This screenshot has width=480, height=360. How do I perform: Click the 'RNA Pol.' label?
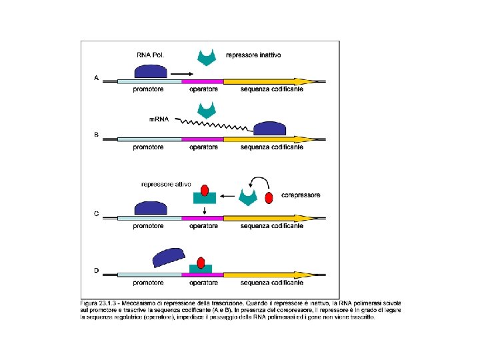point(151,55)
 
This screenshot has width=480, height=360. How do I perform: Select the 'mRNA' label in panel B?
point(159,120)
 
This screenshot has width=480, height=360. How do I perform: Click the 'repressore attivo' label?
point(166,184)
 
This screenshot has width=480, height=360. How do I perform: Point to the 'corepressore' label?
point(301,195)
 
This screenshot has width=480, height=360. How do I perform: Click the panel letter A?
point(96,78)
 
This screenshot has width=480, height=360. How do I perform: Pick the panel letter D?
point(96,271)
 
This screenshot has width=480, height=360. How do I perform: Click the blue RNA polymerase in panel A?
point(151,71)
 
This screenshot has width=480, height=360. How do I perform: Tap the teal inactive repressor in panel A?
point(209,57)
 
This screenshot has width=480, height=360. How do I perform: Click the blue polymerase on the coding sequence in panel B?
point(270,129)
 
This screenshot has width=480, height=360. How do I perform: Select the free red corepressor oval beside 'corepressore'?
point(269,198)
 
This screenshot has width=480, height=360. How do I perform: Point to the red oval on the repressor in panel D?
point(200,261)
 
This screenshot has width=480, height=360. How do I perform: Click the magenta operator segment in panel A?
point(202,81)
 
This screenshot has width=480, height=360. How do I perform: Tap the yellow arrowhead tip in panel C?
point(312,217)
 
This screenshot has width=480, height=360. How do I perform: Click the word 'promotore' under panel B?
point(149,147)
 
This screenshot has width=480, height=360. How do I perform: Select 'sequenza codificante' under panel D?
point(272,283)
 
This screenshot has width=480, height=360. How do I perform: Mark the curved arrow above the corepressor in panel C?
point(260,180)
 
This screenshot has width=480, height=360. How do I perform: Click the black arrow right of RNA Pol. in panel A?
point(182,73)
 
